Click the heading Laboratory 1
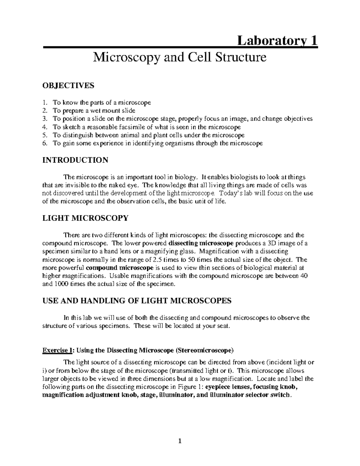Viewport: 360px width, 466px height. click(x=277, y=41)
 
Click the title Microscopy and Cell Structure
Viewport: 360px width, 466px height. click(x=180, y=57)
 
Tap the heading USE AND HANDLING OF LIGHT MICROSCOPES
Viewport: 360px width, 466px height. click(x=137, y=301)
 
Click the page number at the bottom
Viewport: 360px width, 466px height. click(x=180, y=441)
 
